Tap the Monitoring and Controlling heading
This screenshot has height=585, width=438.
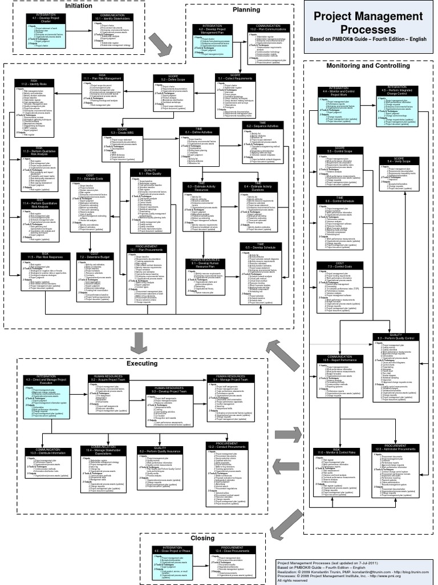pos(367,66)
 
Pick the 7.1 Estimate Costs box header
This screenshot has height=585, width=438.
pos(89,177)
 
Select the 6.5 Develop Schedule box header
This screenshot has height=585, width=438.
pos(260,246)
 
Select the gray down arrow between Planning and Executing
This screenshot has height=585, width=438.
pos(137,343)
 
